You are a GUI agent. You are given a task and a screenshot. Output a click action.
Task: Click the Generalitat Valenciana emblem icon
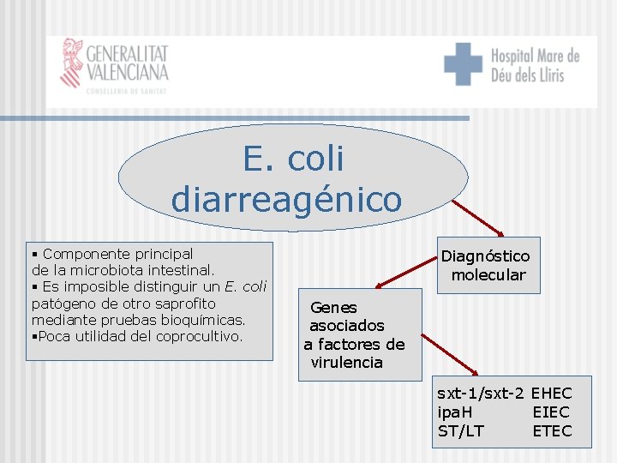[x=71, y=63]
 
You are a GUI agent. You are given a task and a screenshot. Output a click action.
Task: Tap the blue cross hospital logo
[x=463, y=64]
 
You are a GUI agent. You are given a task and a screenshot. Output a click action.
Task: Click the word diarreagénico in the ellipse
[x=286, y=199]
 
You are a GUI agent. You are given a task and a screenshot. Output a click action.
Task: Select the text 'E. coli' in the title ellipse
[x=293, y=159]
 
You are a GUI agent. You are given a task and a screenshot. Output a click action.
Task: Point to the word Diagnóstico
[x=485, y=256]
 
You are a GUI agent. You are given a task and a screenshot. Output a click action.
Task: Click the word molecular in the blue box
[x=488, y=275]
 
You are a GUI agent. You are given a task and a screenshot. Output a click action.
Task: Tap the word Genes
[x=333, y=307]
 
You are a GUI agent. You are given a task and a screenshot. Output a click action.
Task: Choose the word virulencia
[x=346, y=363]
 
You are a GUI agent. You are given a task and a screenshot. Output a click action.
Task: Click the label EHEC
[x=551, y=394]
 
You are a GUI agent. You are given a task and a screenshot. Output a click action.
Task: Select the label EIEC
[x=551, y=412]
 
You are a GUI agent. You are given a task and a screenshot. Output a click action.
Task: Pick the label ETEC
[x=551, y=431]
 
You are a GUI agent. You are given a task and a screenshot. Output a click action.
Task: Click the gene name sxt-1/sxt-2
[x=480, y=394]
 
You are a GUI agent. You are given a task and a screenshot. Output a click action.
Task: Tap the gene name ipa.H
[x=454, y=412]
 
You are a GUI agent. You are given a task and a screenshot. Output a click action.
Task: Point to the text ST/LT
[x=460, y=431]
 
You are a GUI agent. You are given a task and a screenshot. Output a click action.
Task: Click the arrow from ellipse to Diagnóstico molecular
[x=477, y=218]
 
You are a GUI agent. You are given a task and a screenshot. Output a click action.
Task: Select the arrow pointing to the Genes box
[x=406, y=272]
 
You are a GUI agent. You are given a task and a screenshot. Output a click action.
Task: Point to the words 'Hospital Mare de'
[x=535, y=57]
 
